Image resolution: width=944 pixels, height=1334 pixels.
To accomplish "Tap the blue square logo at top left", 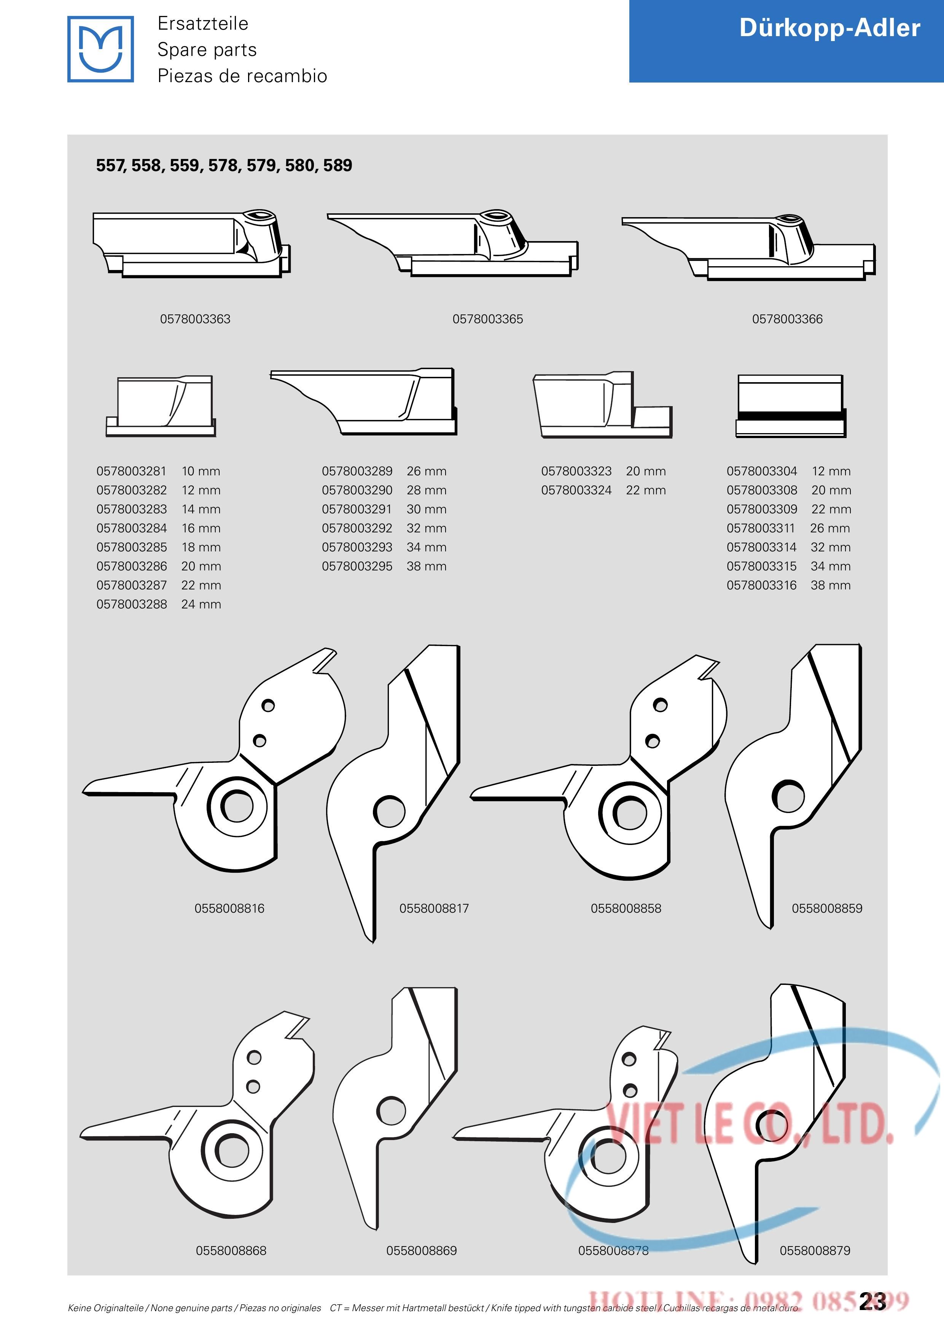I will coord(100,49).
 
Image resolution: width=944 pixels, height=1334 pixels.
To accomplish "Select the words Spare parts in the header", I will coord(207,50).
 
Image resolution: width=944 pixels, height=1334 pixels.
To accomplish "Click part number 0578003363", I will coord(195,319).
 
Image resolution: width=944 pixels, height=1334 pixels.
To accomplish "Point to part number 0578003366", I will coord(787,319).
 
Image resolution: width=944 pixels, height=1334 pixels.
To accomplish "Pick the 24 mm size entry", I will coord(201,604).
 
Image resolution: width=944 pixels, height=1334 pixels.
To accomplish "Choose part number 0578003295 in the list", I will coord(357,567).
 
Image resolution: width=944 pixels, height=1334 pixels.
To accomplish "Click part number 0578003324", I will coord(576,491).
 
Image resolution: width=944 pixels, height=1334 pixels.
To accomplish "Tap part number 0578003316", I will coord(761,586).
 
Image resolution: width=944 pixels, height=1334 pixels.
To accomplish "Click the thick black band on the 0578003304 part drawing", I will coord(791,416).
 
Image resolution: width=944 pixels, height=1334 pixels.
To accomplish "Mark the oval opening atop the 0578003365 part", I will coord(496,215).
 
